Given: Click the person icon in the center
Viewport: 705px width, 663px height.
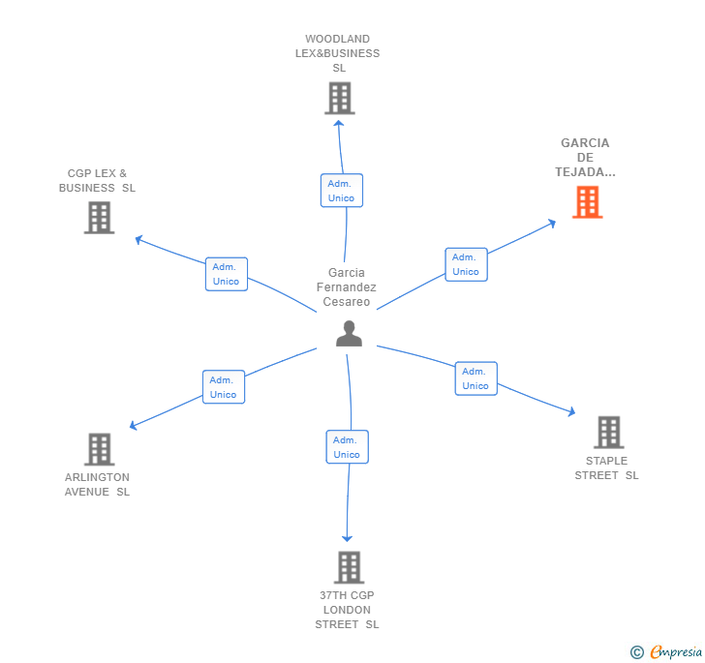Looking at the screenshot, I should tap(349, 334).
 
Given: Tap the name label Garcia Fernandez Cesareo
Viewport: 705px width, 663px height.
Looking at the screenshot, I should tap(347, 287).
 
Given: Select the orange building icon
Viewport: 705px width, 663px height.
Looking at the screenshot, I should tap(587, 202).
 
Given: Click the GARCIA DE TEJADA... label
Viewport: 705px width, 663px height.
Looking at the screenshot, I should tap(585, 158).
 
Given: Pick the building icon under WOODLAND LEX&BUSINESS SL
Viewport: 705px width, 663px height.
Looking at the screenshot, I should tap(339, 99).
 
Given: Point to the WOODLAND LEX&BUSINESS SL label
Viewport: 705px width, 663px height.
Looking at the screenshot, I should tap(338, 54).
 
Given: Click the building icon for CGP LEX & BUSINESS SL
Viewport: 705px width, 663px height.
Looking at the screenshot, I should tap(99, 218).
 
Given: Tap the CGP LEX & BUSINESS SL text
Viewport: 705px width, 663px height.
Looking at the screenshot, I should tap(97, 181).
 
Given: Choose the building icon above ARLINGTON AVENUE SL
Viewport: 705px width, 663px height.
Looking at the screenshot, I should tap(99, 449).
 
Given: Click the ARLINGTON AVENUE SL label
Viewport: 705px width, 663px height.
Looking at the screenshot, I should tap(97, 485).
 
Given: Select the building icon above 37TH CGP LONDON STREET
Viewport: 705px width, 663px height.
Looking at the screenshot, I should tap(348, 567).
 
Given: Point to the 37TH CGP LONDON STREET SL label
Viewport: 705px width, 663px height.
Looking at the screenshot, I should tap(347, 610).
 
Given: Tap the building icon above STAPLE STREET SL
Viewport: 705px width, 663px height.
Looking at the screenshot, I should tap(608, 432).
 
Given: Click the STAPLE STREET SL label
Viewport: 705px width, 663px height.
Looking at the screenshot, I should tap(607, 468).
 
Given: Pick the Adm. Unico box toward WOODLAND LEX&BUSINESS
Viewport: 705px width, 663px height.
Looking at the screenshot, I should tap(341, 191).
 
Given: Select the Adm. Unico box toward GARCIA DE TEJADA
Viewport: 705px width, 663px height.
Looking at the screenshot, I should tap(466, 264).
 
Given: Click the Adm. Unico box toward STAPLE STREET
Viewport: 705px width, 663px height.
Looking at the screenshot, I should tap(475, 378).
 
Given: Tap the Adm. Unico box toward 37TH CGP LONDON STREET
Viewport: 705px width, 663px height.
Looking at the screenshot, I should tap(347, 447).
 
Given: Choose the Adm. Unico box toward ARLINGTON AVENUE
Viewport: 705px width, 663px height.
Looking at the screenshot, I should tap(224, 387).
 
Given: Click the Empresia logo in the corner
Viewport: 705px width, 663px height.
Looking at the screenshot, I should tap(667, 652).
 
